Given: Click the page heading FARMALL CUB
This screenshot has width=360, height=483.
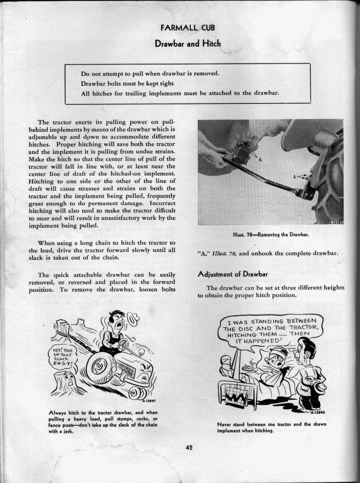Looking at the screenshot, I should tap(188, 27).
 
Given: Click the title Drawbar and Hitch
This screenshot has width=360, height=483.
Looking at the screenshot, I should tap(188, 43).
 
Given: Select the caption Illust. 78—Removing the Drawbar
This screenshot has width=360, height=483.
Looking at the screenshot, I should tap(272, 234).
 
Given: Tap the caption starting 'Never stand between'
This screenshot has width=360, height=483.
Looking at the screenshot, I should tap(271, 427).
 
